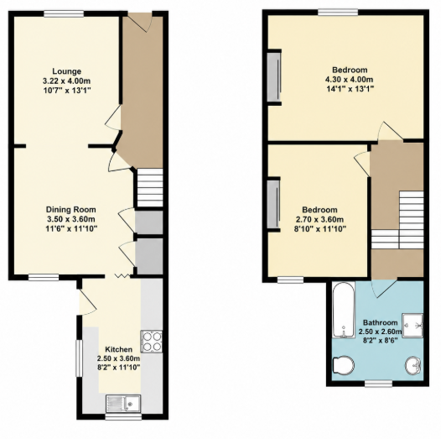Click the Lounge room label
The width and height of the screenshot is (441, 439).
click(67, 71)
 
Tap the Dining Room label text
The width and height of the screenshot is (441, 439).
click(71, 210)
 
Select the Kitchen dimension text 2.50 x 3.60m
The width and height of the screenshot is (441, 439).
click(118, 358)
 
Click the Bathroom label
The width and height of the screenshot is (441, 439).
click(381, 322)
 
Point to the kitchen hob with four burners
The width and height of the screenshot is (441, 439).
click(151, 342)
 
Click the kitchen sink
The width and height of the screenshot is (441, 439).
click(123, 403)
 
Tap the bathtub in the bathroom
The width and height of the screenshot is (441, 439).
click(344, 310)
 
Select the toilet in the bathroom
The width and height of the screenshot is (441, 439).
click(343, 365)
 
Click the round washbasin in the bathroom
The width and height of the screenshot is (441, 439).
click(412, 366)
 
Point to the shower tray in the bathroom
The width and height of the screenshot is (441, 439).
click(412, 325)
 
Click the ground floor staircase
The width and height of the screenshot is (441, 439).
click(150, 188)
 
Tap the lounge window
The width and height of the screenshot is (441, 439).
click(64, 13)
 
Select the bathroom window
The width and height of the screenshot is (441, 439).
click(378, 383)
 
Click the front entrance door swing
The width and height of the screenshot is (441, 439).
click(141, 23)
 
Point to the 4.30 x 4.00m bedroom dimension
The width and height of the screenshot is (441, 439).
click(350, 80)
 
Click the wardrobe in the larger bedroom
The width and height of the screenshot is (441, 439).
click(274, 77)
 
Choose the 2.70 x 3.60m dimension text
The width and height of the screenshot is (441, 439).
click(319, 219)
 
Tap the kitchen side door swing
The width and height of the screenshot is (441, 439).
click(88, 301)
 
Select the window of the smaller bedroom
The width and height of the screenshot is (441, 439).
click(291, 280)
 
